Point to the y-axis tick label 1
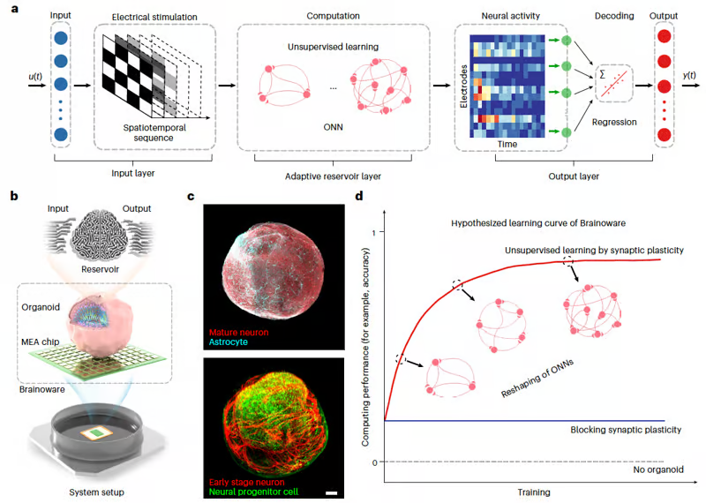[x=375, y=232]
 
